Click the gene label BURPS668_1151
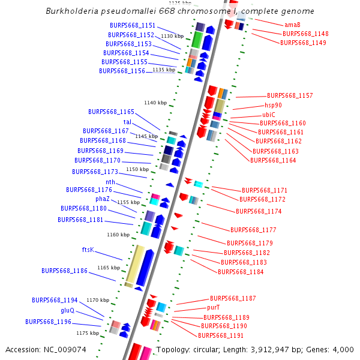pos(133,26)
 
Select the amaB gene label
pos(292,25)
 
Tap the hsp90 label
pos(273,105)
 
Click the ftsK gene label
pos(88,249)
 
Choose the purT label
pos(214,307)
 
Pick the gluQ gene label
pos(67,311)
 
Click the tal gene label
pos(127,122)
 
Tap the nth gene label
pos(110,182)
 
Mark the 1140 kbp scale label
pos(155,103)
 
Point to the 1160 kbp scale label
pos(118,235)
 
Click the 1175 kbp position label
pos(87,332)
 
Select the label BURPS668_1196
pos(48,322)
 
